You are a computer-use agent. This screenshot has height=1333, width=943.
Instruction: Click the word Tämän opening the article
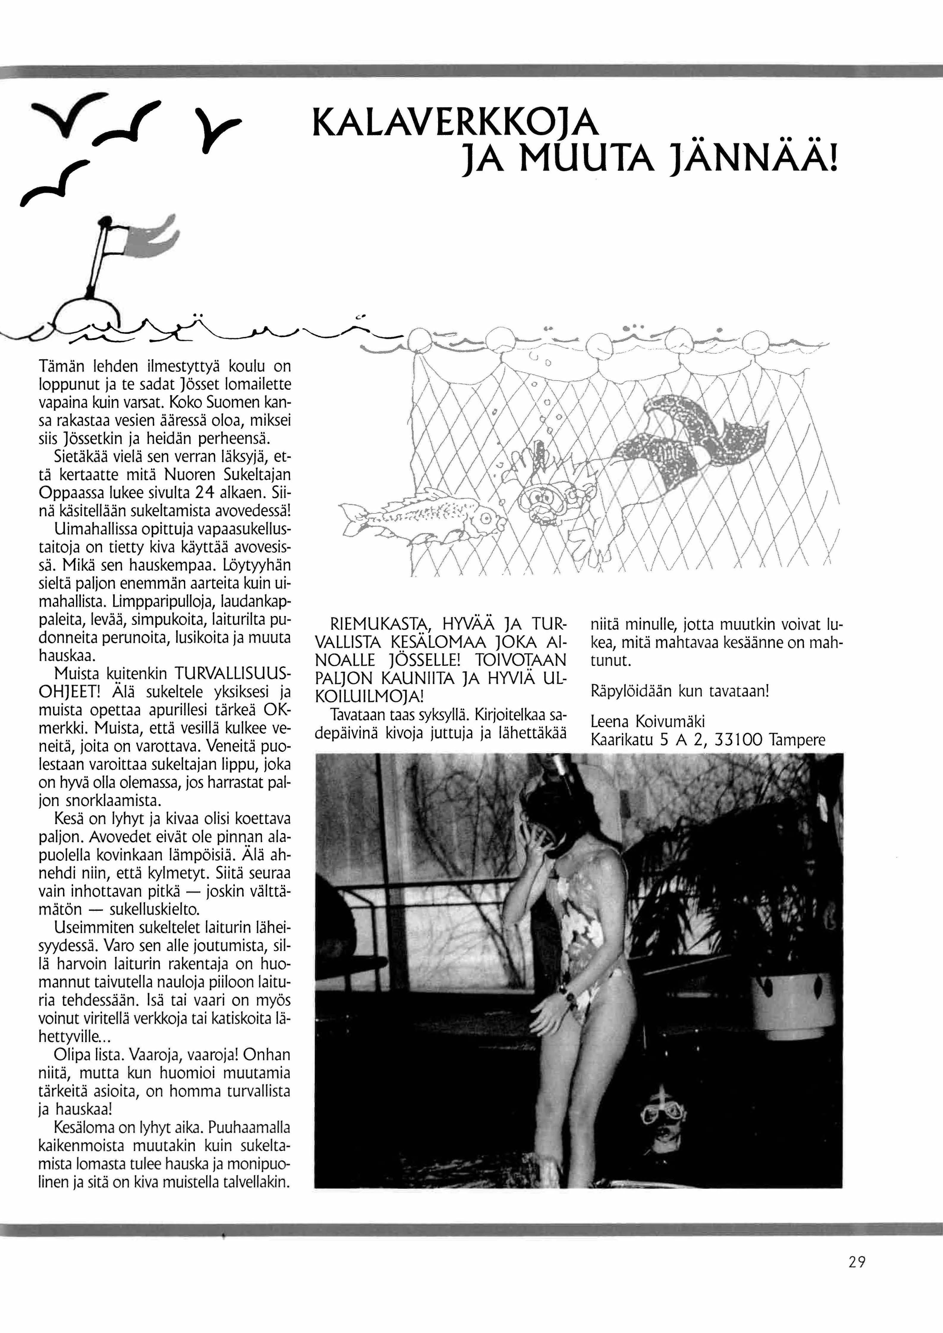tap(62, 367)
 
